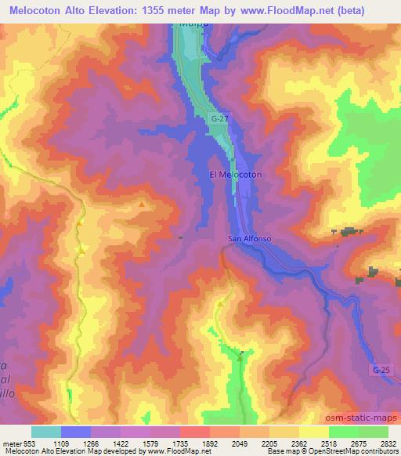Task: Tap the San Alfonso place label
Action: pos(249,238)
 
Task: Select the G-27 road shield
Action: pos(219,118)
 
